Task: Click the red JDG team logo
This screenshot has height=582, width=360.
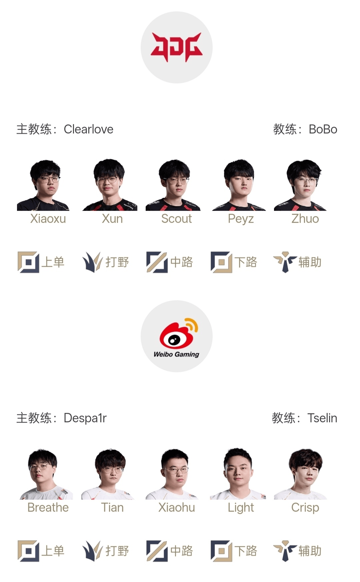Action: tap(176, 47)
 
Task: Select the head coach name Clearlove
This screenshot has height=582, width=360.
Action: tap(89, 129)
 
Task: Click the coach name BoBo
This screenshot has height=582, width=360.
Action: tap(323, 129)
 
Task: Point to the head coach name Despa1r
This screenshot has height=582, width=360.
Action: tap(85, 418)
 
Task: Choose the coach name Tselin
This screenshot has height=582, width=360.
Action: tap(322, 418)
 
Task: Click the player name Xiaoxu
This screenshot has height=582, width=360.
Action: tap(48, 219)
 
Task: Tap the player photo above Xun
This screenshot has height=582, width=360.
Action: tap(110, 185)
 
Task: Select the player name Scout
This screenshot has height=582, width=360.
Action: tap(176, 219)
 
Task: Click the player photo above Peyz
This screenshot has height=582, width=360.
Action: tap(239, 185)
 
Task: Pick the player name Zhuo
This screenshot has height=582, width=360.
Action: tap(305, 219)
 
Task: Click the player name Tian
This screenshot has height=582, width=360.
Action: tap(112, 508)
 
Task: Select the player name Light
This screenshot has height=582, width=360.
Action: tap(241, 508)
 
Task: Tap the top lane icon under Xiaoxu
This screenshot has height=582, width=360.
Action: tap(28, 262)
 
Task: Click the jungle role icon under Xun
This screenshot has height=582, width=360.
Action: tap(92, 262)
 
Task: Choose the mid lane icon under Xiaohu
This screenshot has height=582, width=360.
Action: tap(157, 551)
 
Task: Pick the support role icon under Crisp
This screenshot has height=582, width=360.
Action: tap(285, 551)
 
